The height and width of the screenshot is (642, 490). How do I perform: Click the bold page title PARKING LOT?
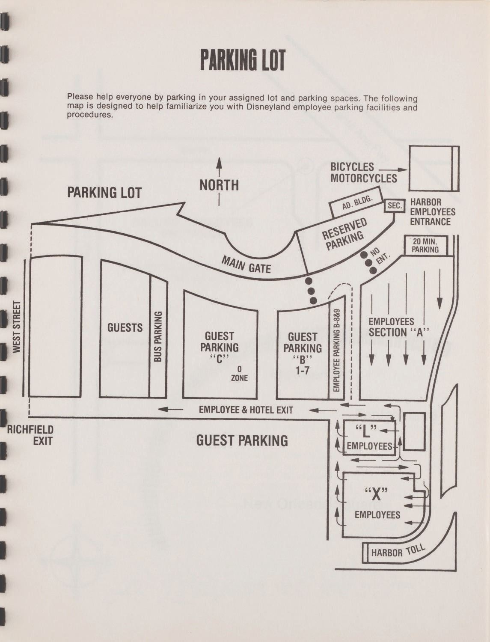point(242,60)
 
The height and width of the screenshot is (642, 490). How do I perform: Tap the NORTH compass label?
point(219,185)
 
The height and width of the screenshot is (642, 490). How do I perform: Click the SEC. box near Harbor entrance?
point(395,206)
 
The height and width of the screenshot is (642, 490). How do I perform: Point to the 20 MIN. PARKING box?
point(425,245)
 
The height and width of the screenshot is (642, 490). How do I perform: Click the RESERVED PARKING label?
point(344,234)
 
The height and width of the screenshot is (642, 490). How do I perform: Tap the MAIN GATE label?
point(246,265)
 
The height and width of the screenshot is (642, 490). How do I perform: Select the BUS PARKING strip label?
point(158,336)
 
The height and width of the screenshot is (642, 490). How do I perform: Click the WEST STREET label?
point(17,327)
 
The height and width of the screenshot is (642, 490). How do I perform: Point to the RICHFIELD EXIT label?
point(31,435)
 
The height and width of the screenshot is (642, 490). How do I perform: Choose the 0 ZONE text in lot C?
point(239,373)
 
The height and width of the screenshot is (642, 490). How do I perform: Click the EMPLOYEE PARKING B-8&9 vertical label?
point(336,350)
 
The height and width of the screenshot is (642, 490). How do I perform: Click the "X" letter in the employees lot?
point(376,494)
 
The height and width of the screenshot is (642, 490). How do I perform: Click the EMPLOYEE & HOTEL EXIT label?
point(246,410)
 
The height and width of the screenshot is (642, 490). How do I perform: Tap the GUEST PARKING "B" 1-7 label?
point(303,354)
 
